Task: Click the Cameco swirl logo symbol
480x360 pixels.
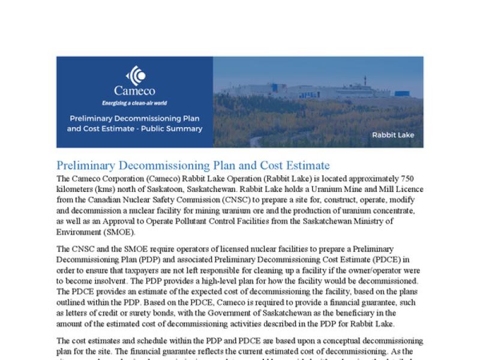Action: point(135,76)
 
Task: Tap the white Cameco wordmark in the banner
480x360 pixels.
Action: point(134,91)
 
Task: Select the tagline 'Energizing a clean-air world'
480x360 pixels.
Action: point(134,103)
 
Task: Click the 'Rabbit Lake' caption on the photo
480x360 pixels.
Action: point(393,135)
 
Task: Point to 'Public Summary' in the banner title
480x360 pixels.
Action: point(174,128)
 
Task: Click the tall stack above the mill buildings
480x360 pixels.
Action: point(365,80)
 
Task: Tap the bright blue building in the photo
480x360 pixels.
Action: point(402,94)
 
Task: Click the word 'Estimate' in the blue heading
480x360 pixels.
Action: point(303,166)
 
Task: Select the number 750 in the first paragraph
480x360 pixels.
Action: point(415,179)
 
